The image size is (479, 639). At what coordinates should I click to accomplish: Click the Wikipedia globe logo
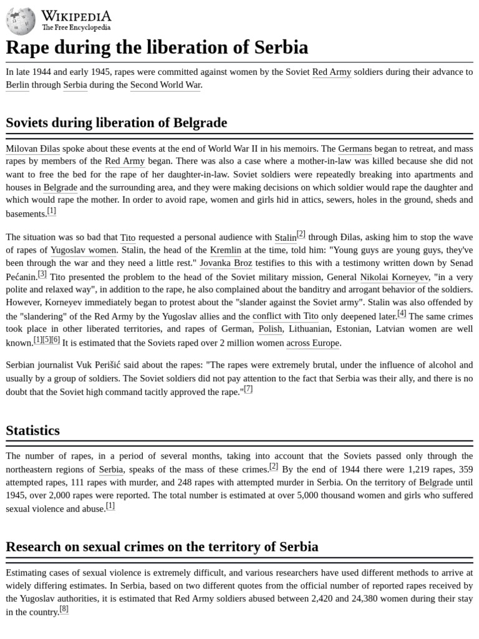21,21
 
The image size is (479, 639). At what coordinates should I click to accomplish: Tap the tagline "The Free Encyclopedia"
76,28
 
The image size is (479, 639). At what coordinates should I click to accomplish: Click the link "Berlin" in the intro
17,85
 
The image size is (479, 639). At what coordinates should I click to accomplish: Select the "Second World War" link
165,85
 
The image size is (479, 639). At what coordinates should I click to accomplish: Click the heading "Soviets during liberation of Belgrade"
116,123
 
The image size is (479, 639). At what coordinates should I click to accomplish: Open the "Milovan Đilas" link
32,149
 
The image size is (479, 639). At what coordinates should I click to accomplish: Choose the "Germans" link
355,149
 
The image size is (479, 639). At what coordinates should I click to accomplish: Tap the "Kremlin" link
226,250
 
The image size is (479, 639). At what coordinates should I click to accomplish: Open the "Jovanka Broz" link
226,263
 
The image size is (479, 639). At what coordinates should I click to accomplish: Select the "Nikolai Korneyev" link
394,277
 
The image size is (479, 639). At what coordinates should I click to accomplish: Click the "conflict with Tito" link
285,316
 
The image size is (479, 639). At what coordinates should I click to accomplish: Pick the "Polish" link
270,329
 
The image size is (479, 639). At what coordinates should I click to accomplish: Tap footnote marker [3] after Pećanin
42,274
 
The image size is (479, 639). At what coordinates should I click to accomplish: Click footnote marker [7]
248,389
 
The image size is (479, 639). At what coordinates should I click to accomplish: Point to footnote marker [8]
64,609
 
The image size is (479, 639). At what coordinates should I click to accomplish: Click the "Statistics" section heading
32,431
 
